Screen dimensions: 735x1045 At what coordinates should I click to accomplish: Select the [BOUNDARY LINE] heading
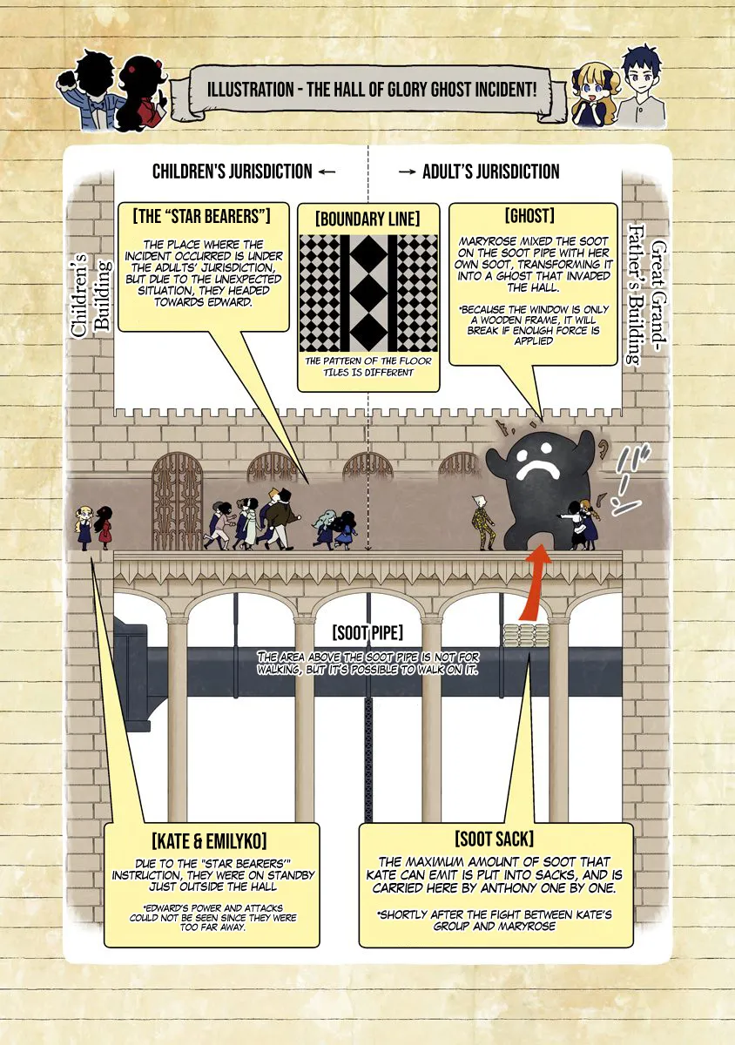tap(367, 219)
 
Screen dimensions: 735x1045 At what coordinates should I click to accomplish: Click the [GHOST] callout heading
tap(529, 216)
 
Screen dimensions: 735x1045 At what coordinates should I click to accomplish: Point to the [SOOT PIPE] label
tap(367, 633)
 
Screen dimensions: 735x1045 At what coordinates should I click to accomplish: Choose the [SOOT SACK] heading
tap(494, 839)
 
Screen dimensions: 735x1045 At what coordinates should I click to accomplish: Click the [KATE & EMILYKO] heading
tap(210, 841)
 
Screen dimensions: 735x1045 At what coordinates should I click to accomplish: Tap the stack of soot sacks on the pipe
tap(527, 636)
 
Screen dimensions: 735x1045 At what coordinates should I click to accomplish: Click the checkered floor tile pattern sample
tap(368, 293)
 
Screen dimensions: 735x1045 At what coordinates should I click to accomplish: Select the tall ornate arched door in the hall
tap(177, 502)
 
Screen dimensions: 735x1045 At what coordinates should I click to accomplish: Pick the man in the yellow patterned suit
tap(480, 522)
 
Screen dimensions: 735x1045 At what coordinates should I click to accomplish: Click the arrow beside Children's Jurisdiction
tap(327, 172)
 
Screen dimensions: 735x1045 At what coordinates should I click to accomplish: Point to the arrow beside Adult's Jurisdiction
tap(408, 172)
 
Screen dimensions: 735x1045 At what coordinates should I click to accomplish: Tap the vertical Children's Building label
tap(91, 295)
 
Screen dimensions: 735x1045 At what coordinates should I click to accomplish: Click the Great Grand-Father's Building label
tap(647, 294)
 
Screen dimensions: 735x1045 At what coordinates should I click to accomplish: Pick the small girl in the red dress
tap(104, 528)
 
